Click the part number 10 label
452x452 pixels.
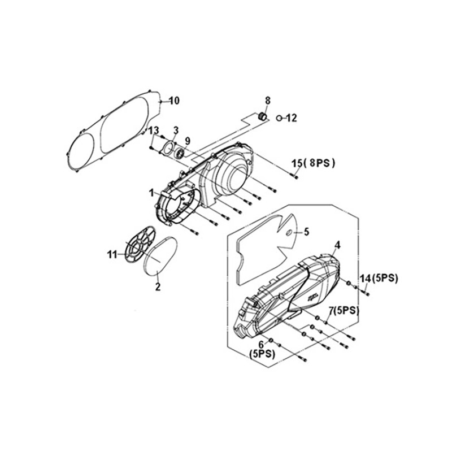point(174,101)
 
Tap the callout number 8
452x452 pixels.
point(268,101)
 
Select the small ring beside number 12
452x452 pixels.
point(279,118)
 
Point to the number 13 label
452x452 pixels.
point(154,131)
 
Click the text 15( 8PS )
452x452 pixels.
point(314,163)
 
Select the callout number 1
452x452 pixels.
point(151,193)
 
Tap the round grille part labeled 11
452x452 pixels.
point(140,244)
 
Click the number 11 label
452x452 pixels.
point(112,255)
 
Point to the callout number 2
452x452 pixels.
point(158,287)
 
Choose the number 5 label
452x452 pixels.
point(306,232)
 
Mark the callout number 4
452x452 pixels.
point(337,245)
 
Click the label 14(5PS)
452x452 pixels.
point(379,279)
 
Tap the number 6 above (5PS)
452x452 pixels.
point(261,345)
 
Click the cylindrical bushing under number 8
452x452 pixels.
point(262,116)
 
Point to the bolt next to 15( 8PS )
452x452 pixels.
point(294,175)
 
